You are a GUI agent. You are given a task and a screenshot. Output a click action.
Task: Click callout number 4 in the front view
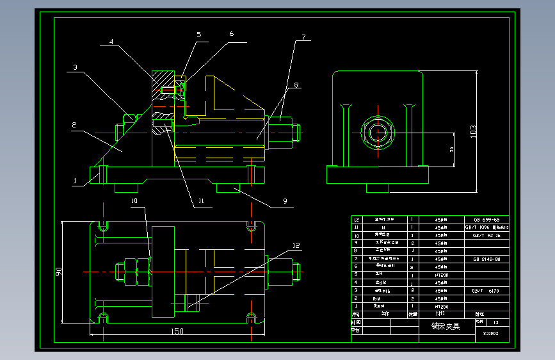tap(111, 42)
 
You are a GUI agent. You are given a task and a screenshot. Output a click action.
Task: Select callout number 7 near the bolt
tap(304, 37)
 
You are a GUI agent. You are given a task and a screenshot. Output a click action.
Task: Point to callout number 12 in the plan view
tap(295, 245)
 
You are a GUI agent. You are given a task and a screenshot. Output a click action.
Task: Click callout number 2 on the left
tap(74, 126)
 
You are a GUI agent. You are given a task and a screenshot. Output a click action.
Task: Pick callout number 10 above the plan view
tap(134, 201)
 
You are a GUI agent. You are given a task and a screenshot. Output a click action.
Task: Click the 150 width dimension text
tap(177, 331)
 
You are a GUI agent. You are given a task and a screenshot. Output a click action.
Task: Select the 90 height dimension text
tap(58, 272)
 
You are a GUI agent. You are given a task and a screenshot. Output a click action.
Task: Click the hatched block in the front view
tap(163, 83)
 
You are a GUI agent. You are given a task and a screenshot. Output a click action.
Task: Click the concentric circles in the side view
tap(377, 132)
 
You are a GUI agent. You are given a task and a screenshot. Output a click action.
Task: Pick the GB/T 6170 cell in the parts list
tap(486, 290)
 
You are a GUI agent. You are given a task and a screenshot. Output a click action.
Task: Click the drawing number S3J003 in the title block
tap(491, 334)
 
